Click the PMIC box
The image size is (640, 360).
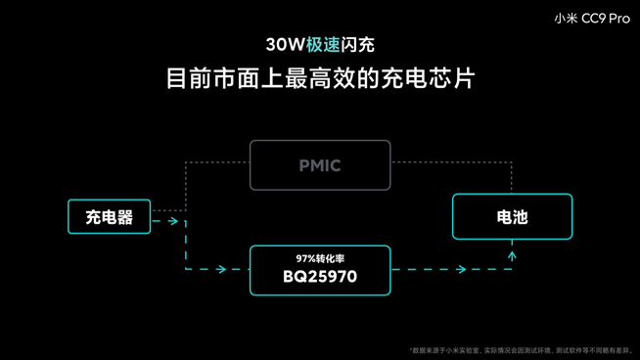click(320, 165)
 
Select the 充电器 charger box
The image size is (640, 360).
click(110, 217)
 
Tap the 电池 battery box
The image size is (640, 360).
click(512, 217)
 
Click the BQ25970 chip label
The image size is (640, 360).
click(320, 277)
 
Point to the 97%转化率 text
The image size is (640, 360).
click(320, 258)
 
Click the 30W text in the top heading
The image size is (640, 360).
click(285, 45)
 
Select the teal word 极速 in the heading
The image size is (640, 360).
click(323, 45)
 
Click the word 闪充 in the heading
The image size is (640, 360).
click(358, 45)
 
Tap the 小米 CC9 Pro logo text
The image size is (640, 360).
click(591, 18)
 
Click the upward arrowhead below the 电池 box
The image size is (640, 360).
click(512, 255)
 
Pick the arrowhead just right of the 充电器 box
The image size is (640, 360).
click(173, 221)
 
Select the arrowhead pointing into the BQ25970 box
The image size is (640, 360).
click(222, 269)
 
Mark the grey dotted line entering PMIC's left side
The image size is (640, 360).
click(217, 162)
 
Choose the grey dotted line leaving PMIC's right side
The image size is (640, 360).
click(450, 162)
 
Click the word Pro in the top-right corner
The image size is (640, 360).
click(618, 18)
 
